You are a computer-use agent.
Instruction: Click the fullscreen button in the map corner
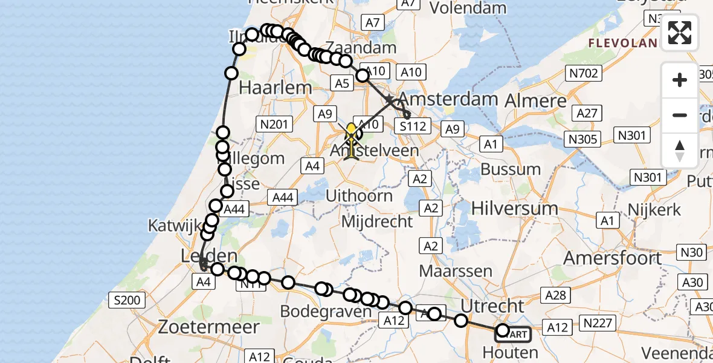[680, 33]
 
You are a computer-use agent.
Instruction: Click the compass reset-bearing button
[680, 151]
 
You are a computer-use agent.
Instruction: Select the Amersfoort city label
[613, 258]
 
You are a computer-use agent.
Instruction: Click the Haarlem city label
[276, 87]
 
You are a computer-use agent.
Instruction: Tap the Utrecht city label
[492, 306]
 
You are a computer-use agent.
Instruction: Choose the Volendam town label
[468, 8]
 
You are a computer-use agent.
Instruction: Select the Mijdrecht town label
[377, 221]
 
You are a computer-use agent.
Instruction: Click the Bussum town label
[511, 169]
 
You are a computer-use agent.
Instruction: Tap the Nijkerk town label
[647, 211]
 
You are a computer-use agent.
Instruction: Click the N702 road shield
[583, 74]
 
